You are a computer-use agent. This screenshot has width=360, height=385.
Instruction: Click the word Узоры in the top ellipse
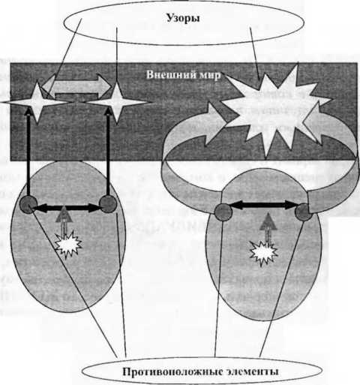point(183,18)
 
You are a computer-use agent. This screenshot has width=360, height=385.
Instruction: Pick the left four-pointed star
point(37,102)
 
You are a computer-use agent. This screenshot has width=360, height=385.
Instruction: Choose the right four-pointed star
point(116,102)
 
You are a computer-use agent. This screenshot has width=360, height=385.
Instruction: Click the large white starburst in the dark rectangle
point(276,110)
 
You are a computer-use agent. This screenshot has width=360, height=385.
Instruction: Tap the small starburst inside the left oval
point(68,245)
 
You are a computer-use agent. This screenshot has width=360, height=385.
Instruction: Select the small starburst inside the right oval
point(263,253)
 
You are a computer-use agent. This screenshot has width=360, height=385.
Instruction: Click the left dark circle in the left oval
point(28,204)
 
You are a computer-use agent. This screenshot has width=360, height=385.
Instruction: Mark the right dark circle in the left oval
point(108,204)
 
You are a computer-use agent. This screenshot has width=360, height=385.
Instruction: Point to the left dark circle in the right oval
point(223,212)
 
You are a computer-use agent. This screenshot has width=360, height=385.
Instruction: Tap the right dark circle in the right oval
point(304,212)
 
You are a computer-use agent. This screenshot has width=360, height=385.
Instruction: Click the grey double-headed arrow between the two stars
point(76,86)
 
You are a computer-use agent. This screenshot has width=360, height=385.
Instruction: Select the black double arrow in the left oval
point(66,207)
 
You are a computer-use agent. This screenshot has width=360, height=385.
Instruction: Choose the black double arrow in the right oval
point(263,205)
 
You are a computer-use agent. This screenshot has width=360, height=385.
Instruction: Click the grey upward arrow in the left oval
point(64,220)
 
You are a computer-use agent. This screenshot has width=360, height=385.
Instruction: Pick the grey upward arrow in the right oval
point(268,227)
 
